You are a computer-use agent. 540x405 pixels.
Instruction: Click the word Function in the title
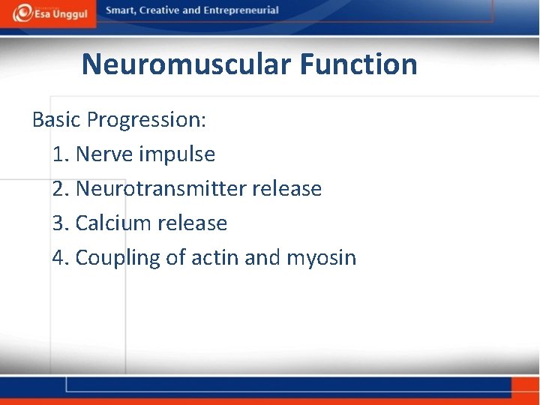coord(358,64)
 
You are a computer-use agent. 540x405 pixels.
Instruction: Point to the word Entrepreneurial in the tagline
coord(241,10)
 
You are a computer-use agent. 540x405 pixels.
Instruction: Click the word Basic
coord(56,120)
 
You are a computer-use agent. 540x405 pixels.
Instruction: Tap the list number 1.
coord(60,154)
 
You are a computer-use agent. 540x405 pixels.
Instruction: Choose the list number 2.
coord(61,189)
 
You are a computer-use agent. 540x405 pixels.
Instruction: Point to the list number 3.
coord(61,223)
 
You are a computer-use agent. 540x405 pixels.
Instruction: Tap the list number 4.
coord(61,258)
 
